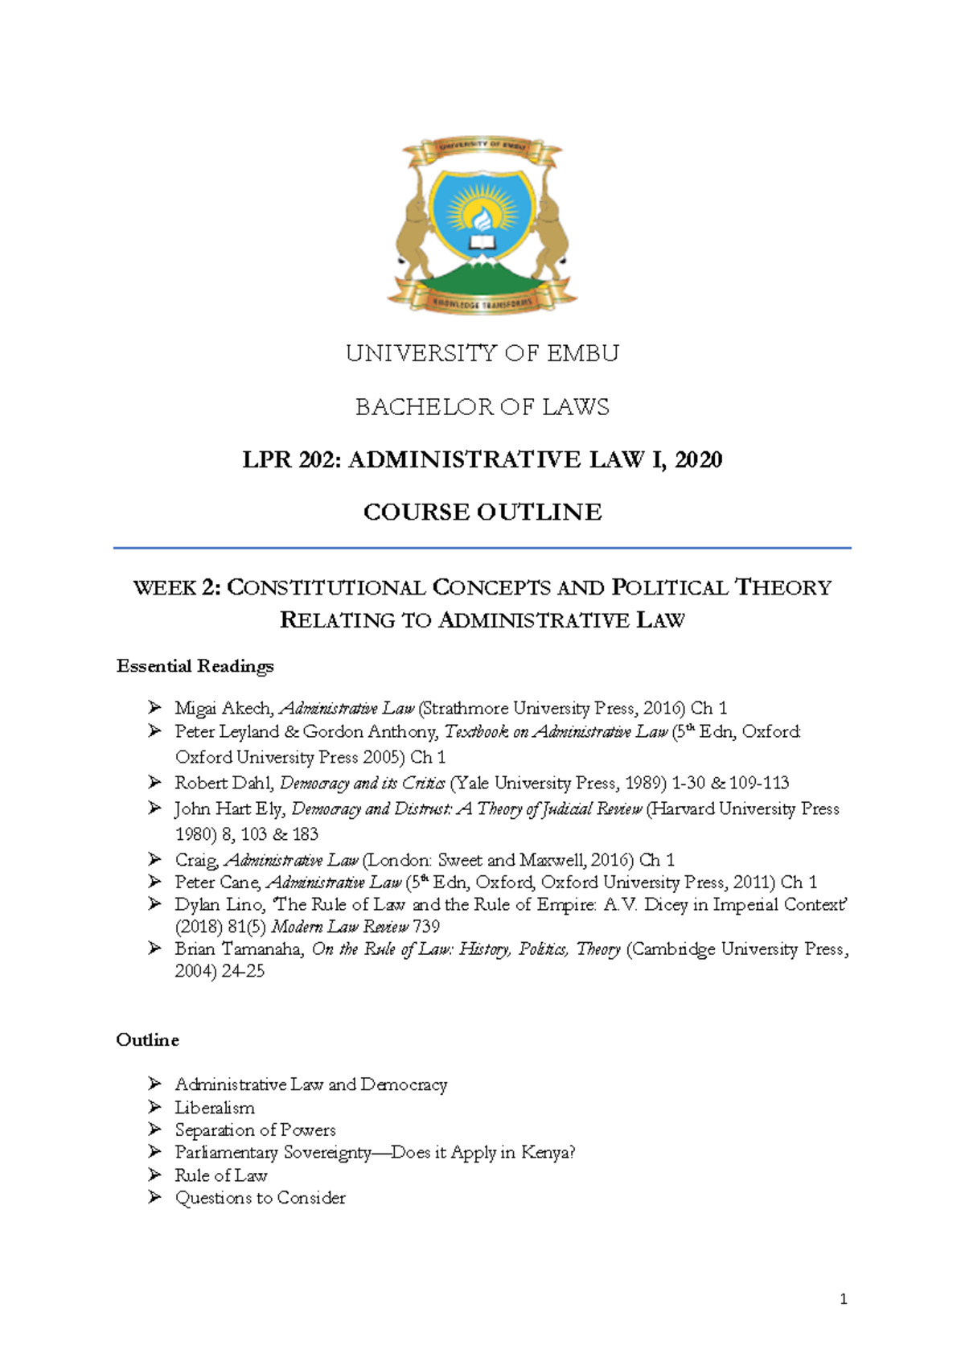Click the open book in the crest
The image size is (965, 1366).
click(x=482, y=241)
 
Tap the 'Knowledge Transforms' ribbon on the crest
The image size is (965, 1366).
click(x=482, y=303)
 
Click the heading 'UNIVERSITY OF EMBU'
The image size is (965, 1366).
click(x=482, y=353)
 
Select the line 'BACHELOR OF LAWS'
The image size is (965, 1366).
click(x=482, y=407)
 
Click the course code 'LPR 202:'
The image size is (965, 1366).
click(x=292, y=459)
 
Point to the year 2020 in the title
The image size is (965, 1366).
click(x=698, y=459)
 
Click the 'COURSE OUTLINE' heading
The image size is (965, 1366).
click(x=482, y=512)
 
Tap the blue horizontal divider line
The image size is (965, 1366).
click(x=482, y=548)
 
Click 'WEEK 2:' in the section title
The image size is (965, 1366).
click(x=177, y=588)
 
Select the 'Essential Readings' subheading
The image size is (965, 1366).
click(x=195, y=666)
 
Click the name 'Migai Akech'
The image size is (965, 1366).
click(x=223, y=709)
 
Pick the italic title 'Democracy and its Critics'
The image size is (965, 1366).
click(x=362, y=783)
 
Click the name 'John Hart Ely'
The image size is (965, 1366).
click(x=228, y=808)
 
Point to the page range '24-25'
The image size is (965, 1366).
click(x=243, y=971)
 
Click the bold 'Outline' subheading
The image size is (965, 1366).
click(x=147, y=1040)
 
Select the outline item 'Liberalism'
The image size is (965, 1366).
click(x=215, y=1108)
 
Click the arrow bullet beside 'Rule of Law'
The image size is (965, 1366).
click(x=155, y=1175)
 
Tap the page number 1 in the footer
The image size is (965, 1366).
click(x=843, y=1298)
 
